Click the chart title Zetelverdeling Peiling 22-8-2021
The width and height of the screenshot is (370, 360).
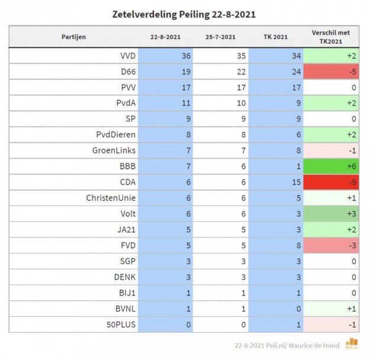(x=184, y=14)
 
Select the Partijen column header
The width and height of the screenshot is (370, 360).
(x=73, y=37)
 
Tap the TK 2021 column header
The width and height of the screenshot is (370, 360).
(x=275, y=37)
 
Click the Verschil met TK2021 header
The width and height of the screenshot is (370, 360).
(x=331, y=37)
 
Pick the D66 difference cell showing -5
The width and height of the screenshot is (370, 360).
(x=331, y=72)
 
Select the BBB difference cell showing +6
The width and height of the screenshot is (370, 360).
(x=331, y=166)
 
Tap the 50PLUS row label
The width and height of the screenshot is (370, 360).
(x=121, y=324)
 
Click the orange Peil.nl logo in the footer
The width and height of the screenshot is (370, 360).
(x=352, y=343)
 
